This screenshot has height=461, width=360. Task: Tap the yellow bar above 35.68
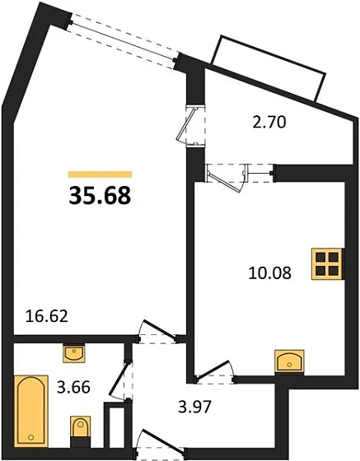(x=100, y=175)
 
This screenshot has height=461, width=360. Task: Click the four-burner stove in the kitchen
(x=328, y=264)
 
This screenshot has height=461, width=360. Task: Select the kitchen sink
(x=290, y=361)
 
